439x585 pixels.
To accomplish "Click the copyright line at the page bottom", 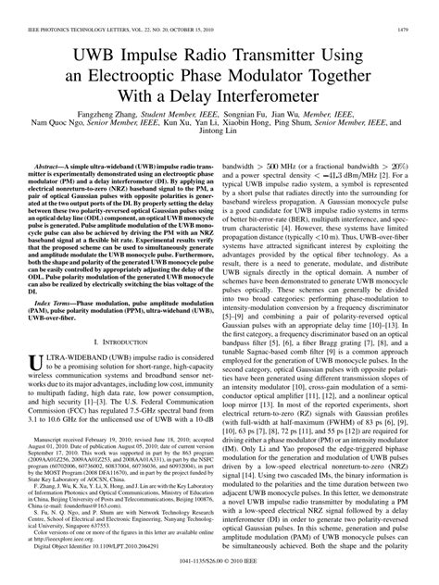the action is [219, 575].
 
